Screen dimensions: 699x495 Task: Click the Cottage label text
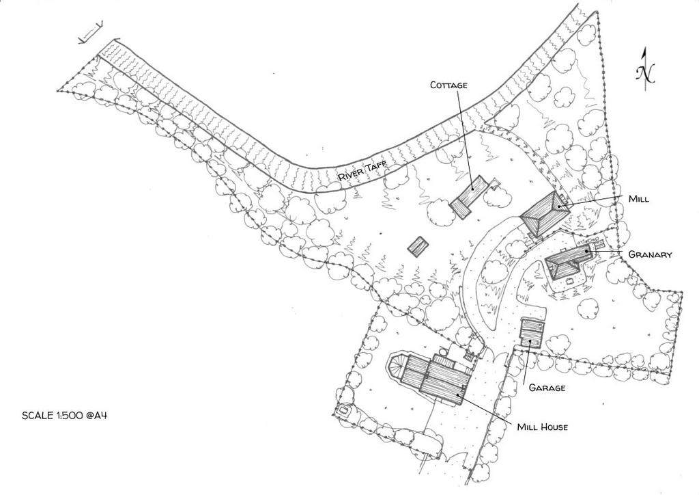[x=448, y=85]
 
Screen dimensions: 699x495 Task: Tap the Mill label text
[x=638, y=199]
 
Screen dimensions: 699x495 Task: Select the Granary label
[x=650, y=254]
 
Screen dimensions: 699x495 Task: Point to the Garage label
[x=547, y=388]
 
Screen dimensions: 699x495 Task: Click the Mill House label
[x=543, y=427]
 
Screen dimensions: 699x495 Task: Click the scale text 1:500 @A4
[x=65, y=415]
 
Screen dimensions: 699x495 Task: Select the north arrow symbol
[x=644, y=69]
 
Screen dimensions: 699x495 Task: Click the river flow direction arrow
[x=91, y=32]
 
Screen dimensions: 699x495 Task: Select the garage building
[x=532, y=332]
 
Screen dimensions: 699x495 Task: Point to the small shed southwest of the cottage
[x=418, y=246]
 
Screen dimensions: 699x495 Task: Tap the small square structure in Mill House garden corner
[x=344, y=410]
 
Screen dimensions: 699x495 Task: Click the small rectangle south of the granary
[x=569, y=280]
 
